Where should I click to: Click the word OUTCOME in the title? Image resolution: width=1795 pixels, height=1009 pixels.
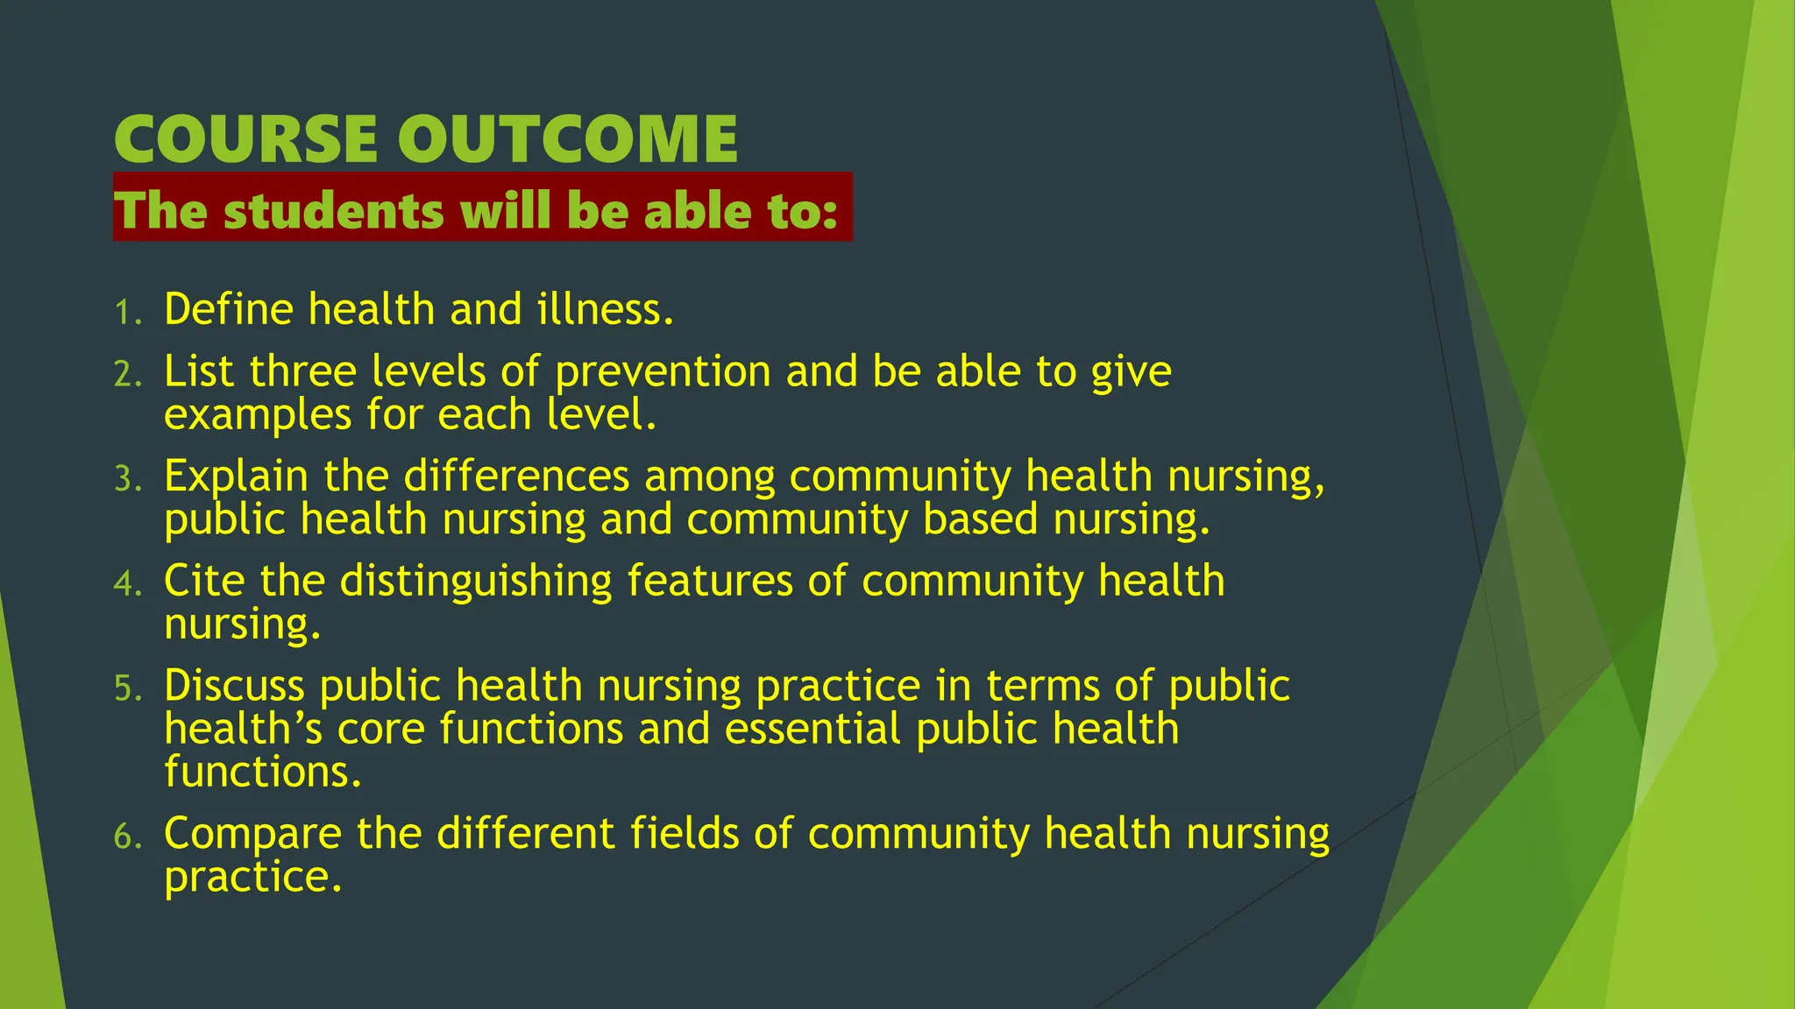click(x=567, y=139)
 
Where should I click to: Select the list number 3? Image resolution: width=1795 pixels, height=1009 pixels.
click(x=127, y=480)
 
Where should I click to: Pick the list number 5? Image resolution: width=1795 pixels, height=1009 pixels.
click(x=127, y=688)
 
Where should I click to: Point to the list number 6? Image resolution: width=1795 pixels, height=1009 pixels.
click(x=127, y=836)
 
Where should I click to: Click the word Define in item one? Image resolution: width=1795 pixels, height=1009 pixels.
click(x=229, y=309)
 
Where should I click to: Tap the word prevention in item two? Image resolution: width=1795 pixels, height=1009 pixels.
click(x=663, y=372)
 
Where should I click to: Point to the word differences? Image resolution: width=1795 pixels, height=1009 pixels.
click(x=516, y=476)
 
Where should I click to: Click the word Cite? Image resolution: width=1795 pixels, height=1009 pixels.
click(x=204, y=581)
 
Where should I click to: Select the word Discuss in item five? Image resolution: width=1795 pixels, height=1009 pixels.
click(x=234, y=686)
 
